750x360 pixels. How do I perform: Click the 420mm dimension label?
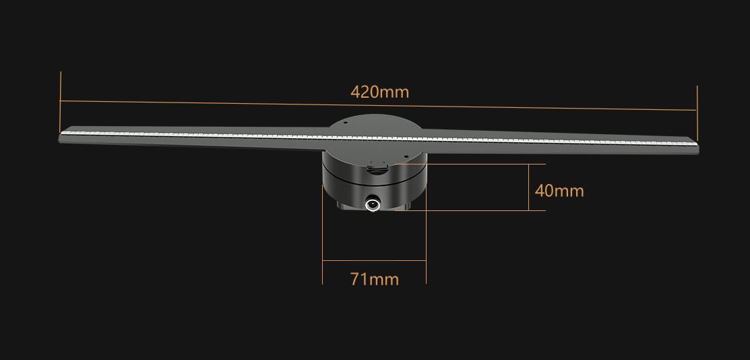pos(379,92)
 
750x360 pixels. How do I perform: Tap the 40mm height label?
pos(559,191)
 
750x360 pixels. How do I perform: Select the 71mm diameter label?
pos(374,278)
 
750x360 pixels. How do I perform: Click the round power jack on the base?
pos(372,202)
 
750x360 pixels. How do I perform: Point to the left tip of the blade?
pos(62,138)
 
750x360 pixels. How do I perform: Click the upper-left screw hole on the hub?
pos(344,124)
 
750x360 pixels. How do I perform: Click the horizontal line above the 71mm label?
pos(374,260)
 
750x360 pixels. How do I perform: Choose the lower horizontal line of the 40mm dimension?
pos(485,210)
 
